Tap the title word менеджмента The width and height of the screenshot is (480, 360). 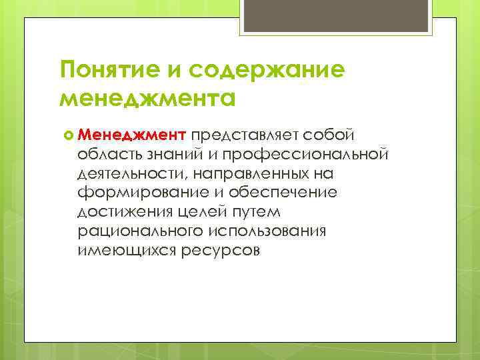pos(147,99)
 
